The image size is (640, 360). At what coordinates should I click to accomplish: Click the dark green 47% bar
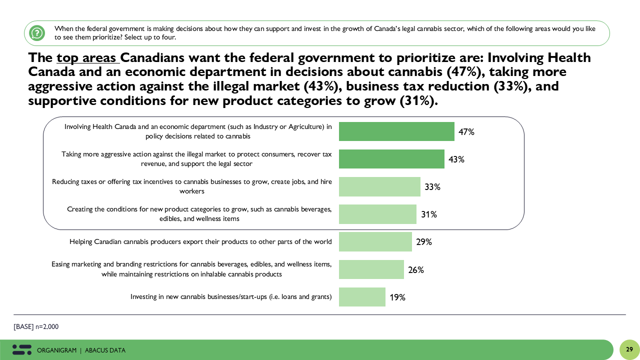pyautogui.click(x=396, y=131)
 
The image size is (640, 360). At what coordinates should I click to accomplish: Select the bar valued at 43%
pyautogui.click(x=391, y=159)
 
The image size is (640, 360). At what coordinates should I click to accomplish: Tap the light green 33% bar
pyautogui.click(x=379, y=186)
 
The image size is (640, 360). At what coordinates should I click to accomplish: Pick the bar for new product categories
pyautogui.click(x=377, y=214)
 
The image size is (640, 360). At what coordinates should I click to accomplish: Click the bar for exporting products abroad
pyautogui.click(x=375, y=241)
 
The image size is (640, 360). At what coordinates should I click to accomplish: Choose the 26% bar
pyautogui.click(x=371, y=269)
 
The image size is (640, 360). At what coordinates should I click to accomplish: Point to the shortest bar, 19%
pyautogui.click(x=362, y=297)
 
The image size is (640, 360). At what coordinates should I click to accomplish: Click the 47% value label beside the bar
pyautogui.click(x=466, y=132)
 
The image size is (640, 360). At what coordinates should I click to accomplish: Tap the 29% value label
pyautogui.click(x=424, y=242)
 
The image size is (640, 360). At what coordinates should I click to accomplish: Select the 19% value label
pyautogui.click(x=397, y=297)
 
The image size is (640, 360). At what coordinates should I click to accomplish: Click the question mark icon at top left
pyautogui.click(x=37, y=33)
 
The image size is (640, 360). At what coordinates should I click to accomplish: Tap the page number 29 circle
pyautogui.click(x=629, y=349)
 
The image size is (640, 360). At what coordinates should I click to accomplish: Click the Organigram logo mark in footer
pyautogui.click(x=22, y=350)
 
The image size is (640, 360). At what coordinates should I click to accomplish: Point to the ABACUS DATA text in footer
pyautogui.click(x=105, y=350)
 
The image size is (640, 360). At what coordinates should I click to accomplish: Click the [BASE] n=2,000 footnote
pyautogui.click(x=36, y=326)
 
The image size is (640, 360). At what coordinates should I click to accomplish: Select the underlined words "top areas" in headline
pyautogui.click(x=87, y=58)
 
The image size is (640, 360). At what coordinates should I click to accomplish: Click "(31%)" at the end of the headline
pyautogui.click(x=418, y=101)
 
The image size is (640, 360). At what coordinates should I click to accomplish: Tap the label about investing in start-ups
pyautogui.click(x=231, y=297)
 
